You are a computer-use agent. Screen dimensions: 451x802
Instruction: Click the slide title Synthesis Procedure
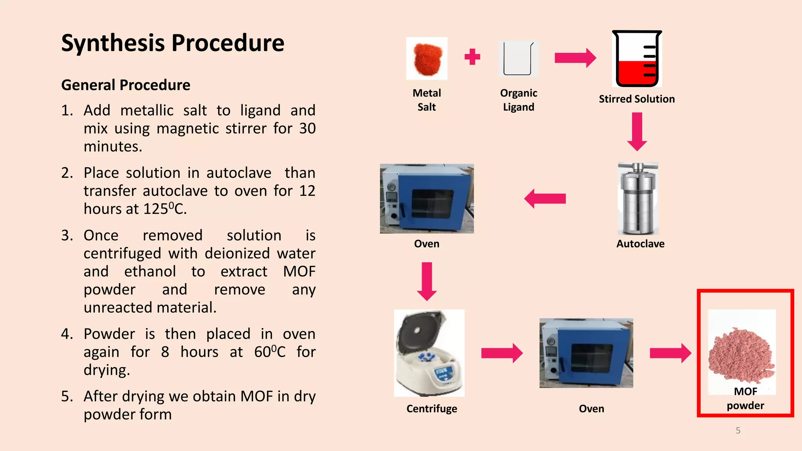tap(173, 43)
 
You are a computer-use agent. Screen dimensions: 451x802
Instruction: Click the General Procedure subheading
tap(126, 85)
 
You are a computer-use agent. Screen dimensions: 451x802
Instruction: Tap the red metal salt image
tap(427, 59)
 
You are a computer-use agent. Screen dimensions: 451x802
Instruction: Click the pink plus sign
tap(472, 57)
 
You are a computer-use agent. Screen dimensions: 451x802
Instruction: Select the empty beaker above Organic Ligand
tap(518, 59)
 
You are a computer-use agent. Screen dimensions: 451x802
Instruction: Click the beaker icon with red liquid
tap(637, 59)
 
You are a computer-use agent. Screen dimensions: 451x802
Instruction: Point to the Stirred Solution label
tap(637, 99)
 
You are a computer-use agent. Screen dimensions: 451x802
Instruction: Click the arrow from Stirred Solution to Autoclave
tap(637, 132)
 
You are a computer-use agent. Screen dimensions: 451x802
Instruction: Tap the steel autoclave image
tap(638, 199)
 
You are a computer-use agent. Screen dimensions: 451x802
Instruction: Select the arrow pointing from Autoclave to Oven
tap(545, 198)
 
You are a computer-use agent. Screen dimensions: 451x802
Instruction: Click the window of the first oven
tap(432, 204)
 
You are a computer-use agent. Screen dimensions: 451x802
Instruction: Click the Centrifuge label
tap(432, 409)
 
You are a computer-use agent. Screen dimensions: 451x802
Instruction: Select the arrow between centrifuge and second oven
tap(502, 353)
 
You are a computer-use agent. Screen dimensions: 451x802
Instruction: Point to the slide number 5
tap(738, 430)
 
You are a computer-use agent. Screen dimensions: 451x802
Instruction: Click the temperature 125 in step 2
tap(155, 209)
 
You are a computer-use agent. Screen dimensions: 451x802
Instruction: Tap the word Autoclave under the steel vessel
tap(640, 244)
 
